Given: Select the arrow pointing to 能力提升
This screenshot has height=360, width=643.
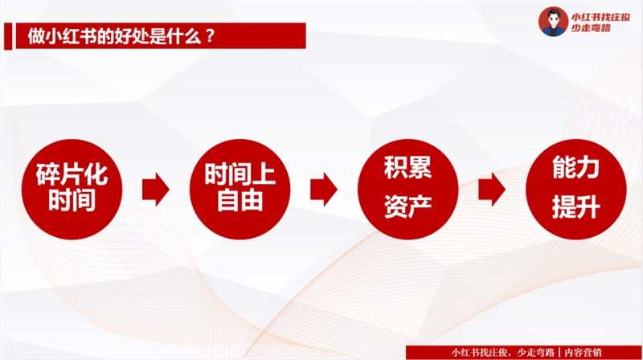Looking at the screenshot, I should [x=491, y=189].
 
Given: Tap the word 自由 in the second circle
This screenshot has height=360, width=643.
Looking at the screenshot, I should [x=239, y=201].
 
